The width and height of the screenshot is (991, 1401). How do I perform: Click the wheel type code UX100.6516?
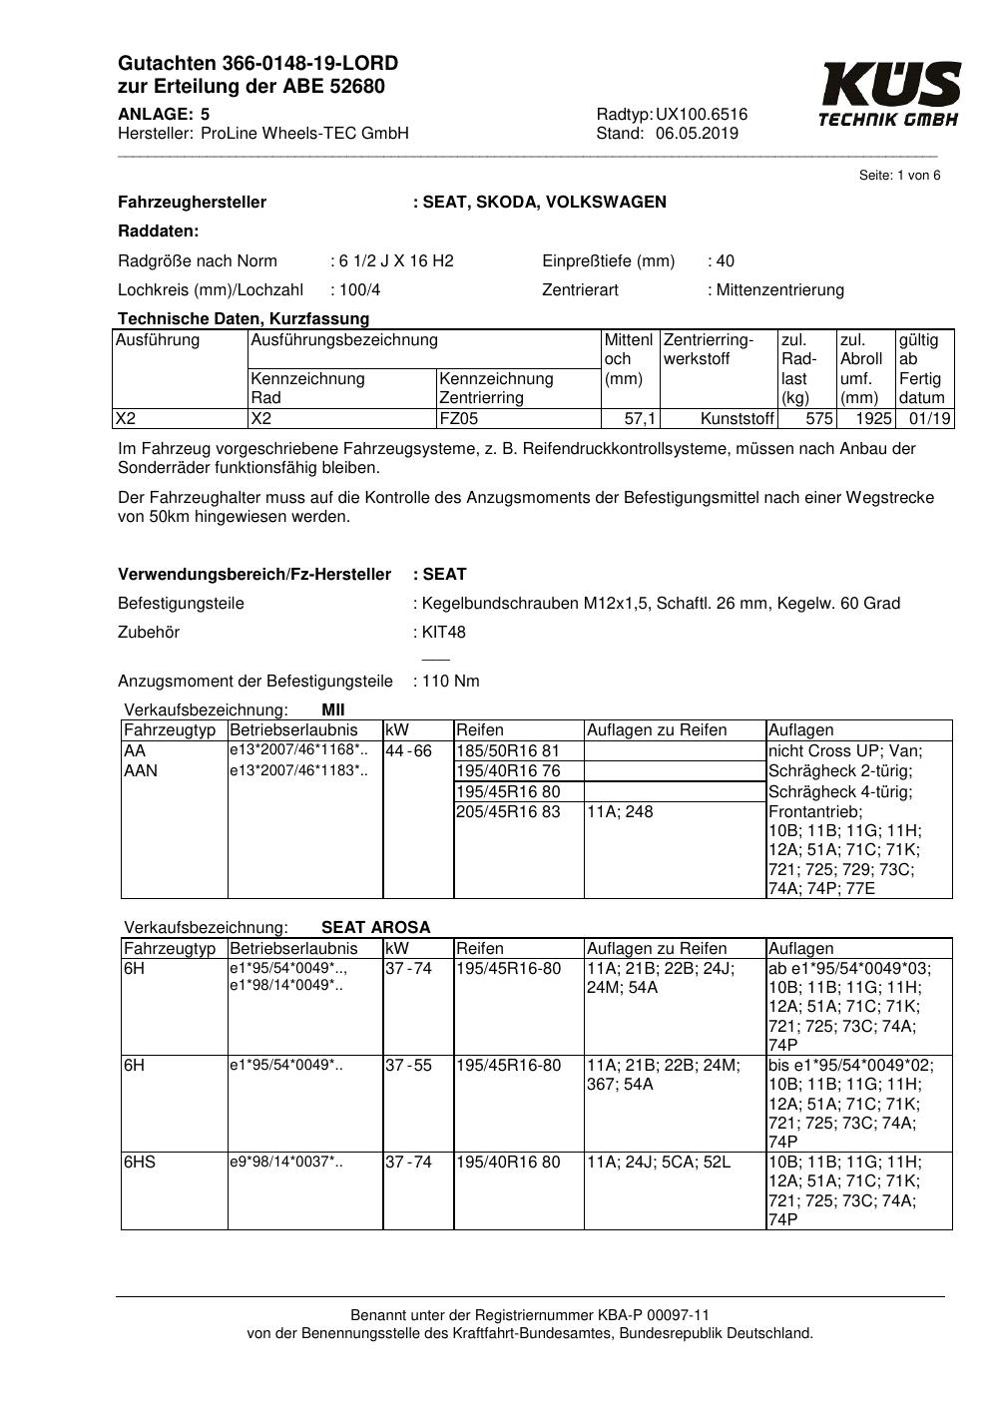tap(702, 115)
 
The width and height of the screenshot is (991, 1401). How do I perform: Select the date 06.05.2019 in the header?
tap(697, 134)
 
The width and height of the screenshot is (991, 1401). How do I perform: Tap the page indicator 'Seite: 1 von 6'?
tap(899, 176)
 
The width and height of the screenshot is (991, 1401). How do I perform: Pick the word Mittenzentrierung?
tap(779, 290)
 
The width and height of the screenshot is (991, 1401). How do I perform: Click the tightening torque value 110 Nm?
tap(450, 682)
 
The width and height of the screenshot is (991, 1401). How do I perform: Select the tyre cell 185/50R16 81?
tap(508, 751)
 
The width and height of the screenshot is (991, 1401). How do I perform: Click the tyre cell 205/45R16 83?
tap(508, 812)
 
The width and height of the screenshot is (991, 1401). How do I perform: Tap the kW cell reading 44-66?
tap(409, 751)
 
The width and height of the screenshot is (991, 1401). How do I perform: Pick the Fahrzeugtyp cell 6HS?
tap(140, 1163)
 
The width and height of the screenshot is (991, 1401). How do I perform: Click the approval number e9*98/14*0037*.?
tap(286, 1163)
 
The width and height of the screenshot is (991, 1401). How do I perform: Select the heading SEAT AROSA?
tap(375, 927)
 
